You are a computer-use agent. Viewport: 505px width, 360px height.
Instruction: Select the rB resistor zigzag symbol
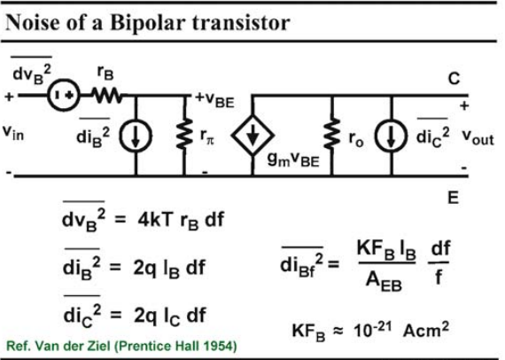click(x=106, y=96)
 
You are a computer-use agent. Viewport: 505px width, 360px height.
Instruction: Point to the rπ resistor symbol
click(x=184, y=134)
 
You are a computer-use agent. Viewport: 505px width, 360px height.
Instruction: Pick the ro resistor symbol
click(x=332, y=134)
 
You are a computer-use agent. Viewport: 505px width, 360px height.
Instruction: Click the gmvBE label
click(x=293, y=160)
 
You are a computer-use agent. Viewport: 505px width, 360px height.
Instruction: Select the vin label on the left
click(x=13, y=132)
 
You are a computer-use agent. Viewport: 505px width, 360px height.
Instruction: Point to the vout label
click(x=478, y=137)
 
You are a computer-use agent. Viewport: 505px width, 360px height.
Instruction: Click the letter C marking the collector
click(x=454, y=78)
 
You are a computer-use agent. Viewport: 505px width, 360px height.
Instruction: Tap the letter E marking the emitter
click(x=453, y=197)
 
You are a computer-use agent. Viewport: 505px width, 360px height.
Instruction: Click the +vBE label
click(x=214, y=99)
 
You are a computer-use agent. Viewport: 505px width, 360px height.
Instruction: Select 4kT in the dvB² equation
click(x=153, y=220)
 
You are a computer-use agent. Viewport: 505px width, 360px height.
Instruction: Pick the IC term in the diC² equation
click(x=172, y=317)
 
